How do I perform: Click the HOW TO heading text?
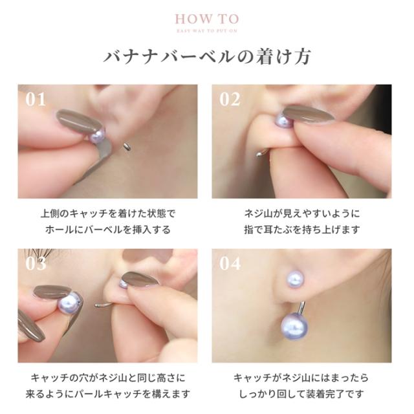[206, 19]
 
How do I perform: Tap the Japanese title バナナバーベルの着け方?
[207, 57]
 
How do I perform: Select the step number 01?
[36, 99]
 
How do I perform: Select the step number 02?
[230, 99]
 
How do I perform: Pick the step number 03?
[36, 263]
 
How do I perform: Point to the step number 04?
[230, 263]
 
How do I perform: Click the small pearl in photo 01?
[97, 135]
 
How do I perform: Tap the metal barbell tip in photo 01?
[127, 147]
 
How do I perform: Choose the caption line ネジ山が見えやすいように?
[301, 213]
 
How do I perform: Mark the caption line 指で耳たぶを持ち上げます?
[301, 229]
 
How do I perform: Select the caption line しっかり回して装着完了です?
[301, 393]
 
